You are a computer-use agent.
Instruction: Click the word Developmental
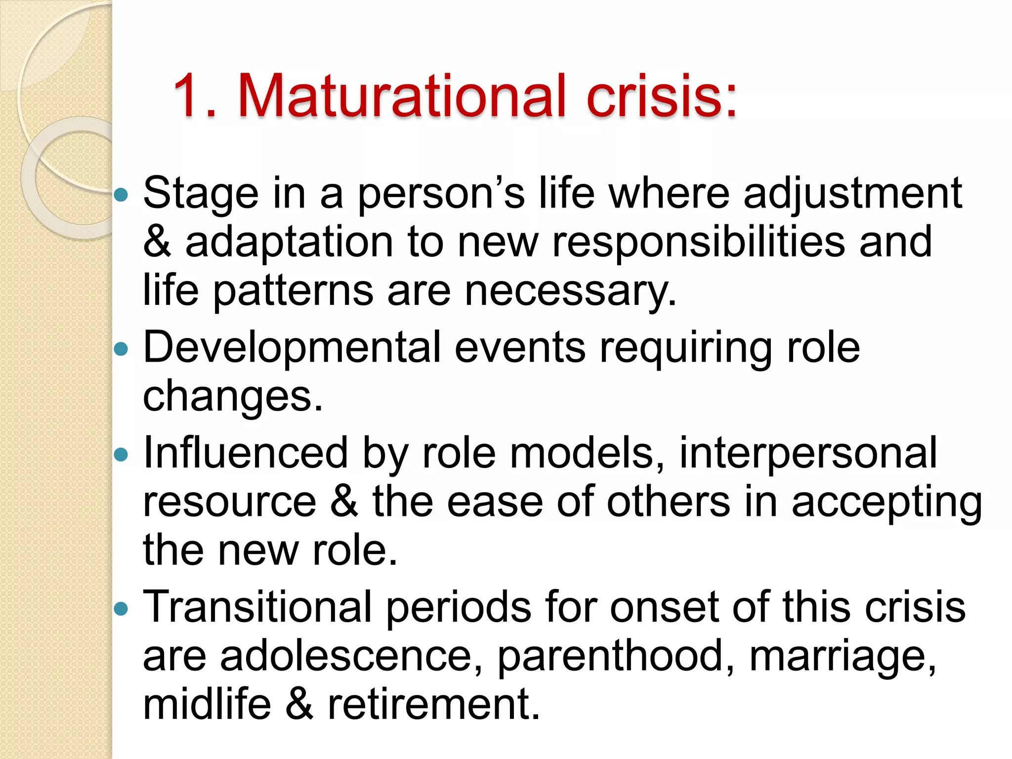pos(292,348)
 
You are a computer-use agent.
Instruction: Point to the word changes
pos(232,396)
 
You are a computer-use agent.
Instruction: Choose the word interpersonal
pos(808,453)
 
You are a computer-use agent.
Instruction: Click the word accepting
pos(887,503)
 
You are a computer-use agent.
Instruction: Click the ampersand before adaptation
pos(157,242)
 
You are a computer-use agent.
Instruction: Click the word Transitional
pos(257,607)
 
